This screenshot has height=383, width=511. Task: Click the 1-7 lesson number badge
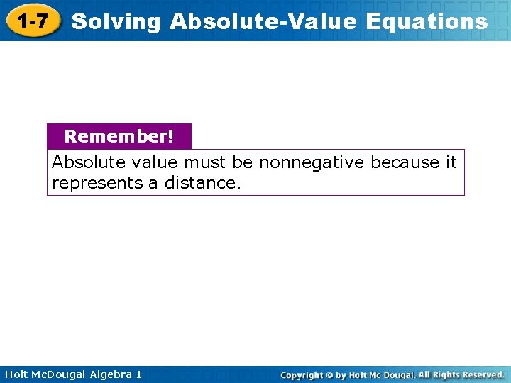tap(33, 21)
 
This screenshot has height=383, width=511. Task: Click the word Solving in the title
tap(116, 22)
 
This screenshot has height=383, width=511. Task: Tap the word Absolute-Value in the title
tap(264, 22)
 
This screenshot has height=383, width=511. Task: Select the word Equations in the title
tap(427, 22)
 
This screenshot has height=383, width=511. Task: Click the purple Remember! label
tap(119, 135)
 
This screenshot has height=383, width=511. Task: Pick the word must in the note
tap(205, 162)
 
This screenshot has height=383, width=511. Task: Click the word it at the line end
tap(451, 162)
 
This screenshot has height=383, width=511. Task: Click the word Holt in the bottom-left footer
tap(15, 374)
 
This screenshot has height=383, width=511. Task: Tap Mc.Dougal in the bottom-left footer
tap(60, 374)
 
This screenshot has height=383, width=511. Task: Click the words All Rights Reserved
tap(461, 374)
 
